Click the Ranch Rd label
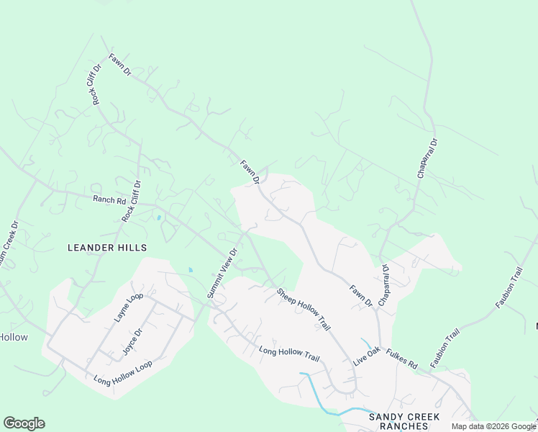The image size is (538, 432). click(109, 199)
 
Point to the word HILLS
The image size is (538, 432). click(134, 248)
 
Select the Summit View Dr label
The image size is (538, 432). click(222, 274)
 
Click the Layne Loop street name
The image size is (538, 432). click(129, 307)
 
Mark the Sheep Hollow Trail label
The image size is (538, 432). click(304, 310)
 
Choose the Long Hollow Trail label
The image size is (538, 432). click(288, 354)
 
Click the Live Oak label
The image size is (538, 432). click(366, 356)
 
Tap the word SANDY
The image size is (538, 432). click(385, 417)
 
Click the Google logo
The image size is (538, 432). click(24, 423)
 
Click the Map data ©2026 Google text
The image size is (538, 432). click(493, 426)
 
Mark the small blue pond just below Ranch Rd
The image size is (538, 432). click(158, 217)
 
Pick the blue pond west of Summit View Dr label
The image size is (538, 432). click(190, 270)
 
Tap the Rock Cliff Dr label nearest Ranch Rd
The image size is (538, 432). click(132, 202)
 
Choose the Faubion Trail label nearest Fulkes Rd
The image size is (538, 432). click(444, 347)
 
